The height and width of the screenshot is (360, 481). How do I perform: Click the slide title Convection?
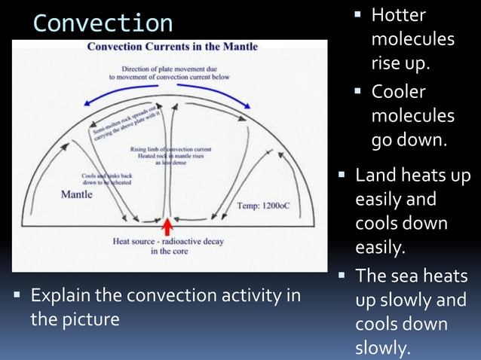103,23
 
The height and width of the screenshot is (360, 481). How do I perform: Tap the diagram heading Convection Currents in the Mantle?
173,47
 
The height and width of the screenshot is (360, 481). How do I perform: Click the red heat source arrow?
167,226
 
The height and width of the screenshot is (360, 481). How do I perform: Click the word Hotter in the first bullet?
399,15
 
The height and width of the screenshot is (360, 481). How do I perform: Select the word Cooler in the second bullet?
399,92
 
